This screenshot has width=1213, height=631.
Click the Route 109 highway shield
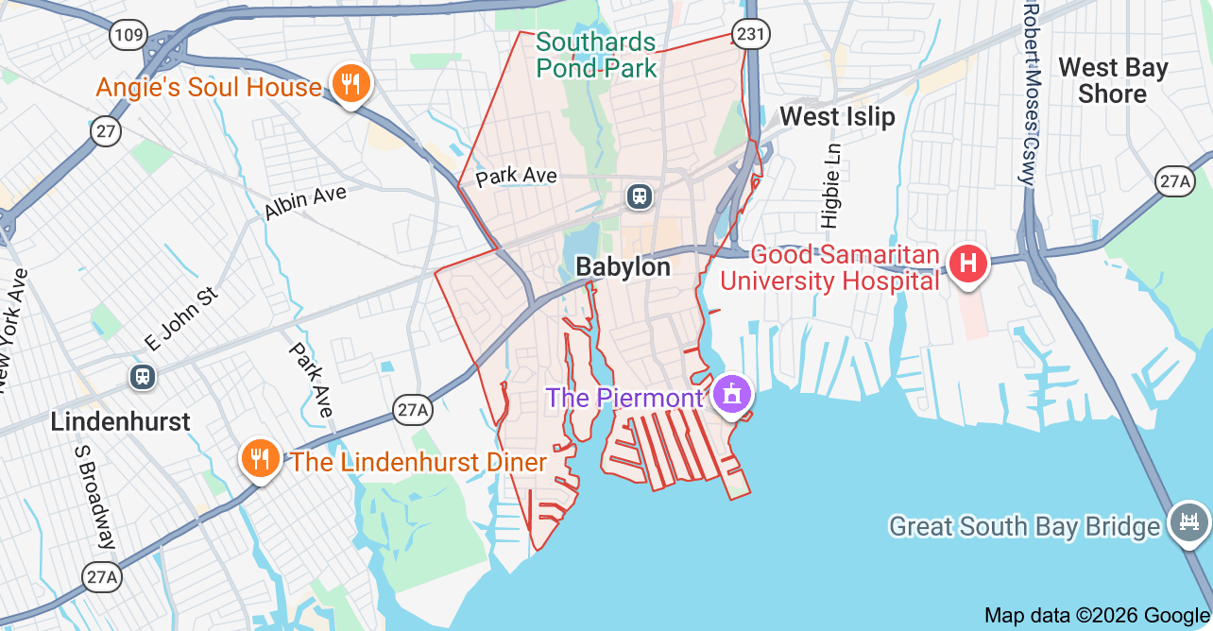pyautogui.click(x=128, y=37)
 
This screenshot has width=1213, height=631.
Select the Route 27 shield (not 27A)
pyautogui.click(x=107, y=130)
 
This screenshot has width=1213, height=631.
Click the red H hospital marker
pyautogui.click(x=968, y=264)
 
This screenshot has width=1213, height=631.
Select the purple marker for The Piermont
pyautogui.click(x=731, y=394)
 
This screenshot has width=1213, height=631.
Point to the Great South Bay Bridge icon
pyautogui.click(x=1188, y=522)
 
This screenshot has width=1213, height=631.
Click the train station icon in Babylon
pyautogui.click(x=640, y=196)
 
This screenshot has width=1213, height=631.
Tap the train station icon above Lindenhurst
pyautogui.click(x=143, y=376)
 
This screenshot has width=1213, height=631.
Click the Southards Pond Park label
pyautogui.click(x=595, y=55)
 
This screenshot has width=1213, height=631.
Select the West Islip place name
pyautogui.click(x=836, y=117)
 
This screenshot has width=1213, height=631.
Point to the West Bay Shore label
pyautogui.click(x=1113, y=80)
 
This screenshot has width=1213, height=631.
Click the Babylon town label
pyautogui.click(x=623, y=267)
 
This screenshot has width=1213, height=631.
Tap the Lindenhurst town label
pyautogui.click(x=120, y=421)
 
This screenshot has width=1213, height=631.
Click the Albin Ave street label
pyautogui.click(x=305, y=202)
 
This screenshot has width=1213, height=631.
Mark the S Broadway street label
pyautogui.click(x=94, y=495)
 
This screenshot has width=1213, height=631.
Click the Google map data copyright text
pyautogui.click(x=1096, y=616)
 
